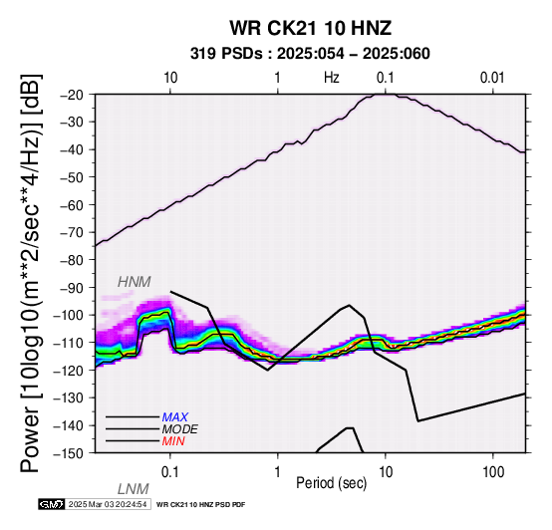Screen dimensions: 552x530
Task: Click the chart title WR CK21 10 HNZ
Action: pyautogui.click(x=311, y=28)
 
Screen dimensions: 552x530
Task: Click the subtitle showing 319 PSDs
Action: pyautogui.click(x=310, y=54)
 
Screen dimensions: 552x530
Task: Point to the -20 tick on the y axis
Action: pyautogui.click(x=73, y=95)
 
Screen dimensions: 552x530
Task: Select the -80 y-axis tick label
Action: pyautogui.click(x=73, y=260)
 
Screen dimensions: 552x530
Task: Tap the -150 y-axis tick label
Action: pyautogui.click(x=70, y=453)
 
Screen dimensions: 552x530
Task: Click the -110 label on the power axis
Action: pyautogui.click(x=70, y=343)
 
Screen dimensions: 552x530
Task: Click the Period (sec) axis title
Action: pyautogui.click(x=332, y=483)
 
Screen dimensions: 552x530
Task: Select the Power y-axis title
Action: pyautogui.click(x=31, y=273)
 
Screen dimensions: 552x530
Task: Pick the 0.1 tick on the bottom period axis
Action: pyautogui.click(x=170, y=471)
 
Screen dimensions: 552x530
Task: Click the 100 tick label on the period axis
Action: pyautogui.click(x=493, y=471)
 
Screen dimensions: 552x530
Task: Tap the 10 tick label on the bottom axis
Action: pyautogui.click(x=386, y=471)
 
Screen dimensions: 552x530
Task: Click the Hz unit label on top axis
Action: pyautogui.click(x=332, y=78)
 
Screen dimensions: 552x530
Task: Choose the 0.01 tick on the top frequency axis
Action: pyautogui.click(x=492, y=78)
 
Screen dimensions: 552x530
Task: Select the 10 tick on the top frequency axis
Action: pyautogui.click(x=170, y=78)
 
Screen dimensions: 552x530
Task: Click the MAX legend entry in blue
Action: pyautogui.click(x=175, y=417)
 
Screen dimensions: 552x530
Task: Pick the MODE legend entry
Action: pyautogui.click(x=180, y=429)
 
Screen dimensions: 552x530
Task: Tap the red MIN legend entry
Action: pyautogui.click(x=173, y=441)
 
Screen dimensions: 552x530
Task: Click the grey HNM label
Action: pyautogui.click(x=135, y=282)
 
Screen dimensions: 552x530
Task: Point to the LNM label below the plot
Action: pyautogui.click(x=134, y=489)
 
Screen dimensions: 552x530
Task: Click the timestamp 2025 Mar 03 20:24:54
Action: pyautogui.click(x=108, y=504)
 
